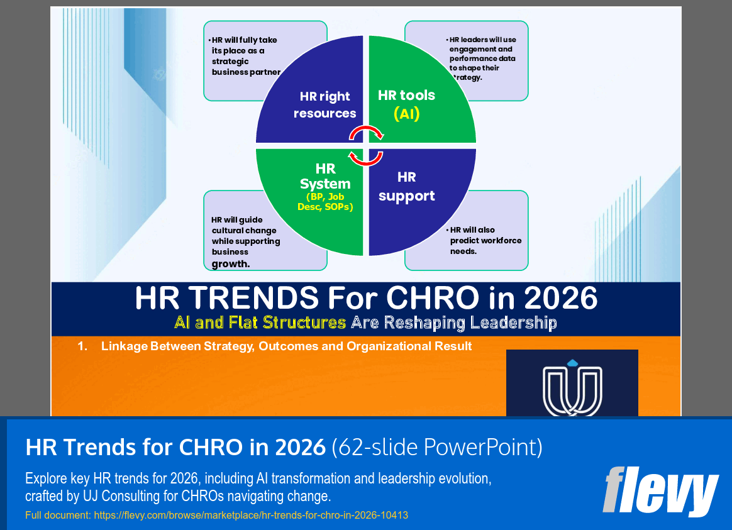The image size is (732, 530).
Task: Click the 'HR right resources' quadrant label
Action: [x=324, y=105]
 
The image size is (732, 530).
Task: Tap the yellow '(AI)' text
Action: [x=406, y=114]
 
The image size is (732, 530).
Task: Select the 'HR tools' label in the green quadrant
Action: [x=406, y=96]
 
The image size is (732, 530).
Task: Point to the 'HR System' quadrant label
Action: [x=325, y=177]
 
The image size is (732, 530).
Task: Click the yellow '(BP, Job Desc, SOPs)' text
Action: [x=325, y=202]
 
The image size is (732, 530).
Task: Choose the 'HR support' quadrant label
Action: [x=406, y=187]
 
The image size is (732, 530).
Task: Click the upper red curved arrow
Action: [x=367, y=132]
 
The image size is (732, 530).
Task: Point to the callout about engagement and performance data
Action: [x=482, y=58]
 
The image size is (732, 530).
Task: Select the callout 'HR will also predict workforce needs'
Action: [x=485, y=240]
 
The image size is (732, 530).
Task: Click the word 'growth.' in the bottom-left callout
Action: [x=231, y=264]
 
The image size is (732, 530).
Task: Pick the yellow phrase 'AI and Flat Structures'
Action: [x=260, y=323]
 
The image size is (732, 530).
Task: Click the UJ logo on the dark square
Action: [x=572, y=387]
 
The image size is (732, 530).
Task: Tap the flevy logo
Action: [x=660, y=491]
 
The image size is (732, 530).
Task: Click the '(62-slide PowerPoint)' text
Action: [x=437, y=447]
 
